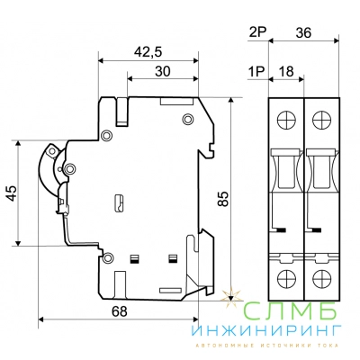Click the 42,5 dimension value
coord(148,52)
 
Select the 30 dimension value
coord(163,71)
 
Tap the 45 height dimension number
coord(13,193)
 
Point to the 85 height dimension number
coord(223,199)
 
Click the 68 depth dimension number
coord(120,311)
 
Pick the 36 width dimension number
coord(303,32)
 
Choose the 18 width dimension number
coord(286,72)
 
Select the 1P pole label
coord(256,72)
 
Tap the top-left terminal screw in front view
coord(286,120)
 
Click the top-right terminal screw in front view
coord(321,120)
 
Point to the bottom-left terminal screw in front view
coord(286,278)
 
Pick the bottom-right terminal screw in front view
coord(321,278)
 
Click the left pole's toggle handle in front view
coord(285,170)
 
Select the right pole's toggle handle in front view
coord(320,170)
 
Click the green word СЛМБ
coord(290,310)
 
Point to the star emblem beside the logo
coord(231,298)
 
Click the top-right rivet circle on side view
coord(188,120)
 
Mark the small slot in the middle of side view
coord(120,203)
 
